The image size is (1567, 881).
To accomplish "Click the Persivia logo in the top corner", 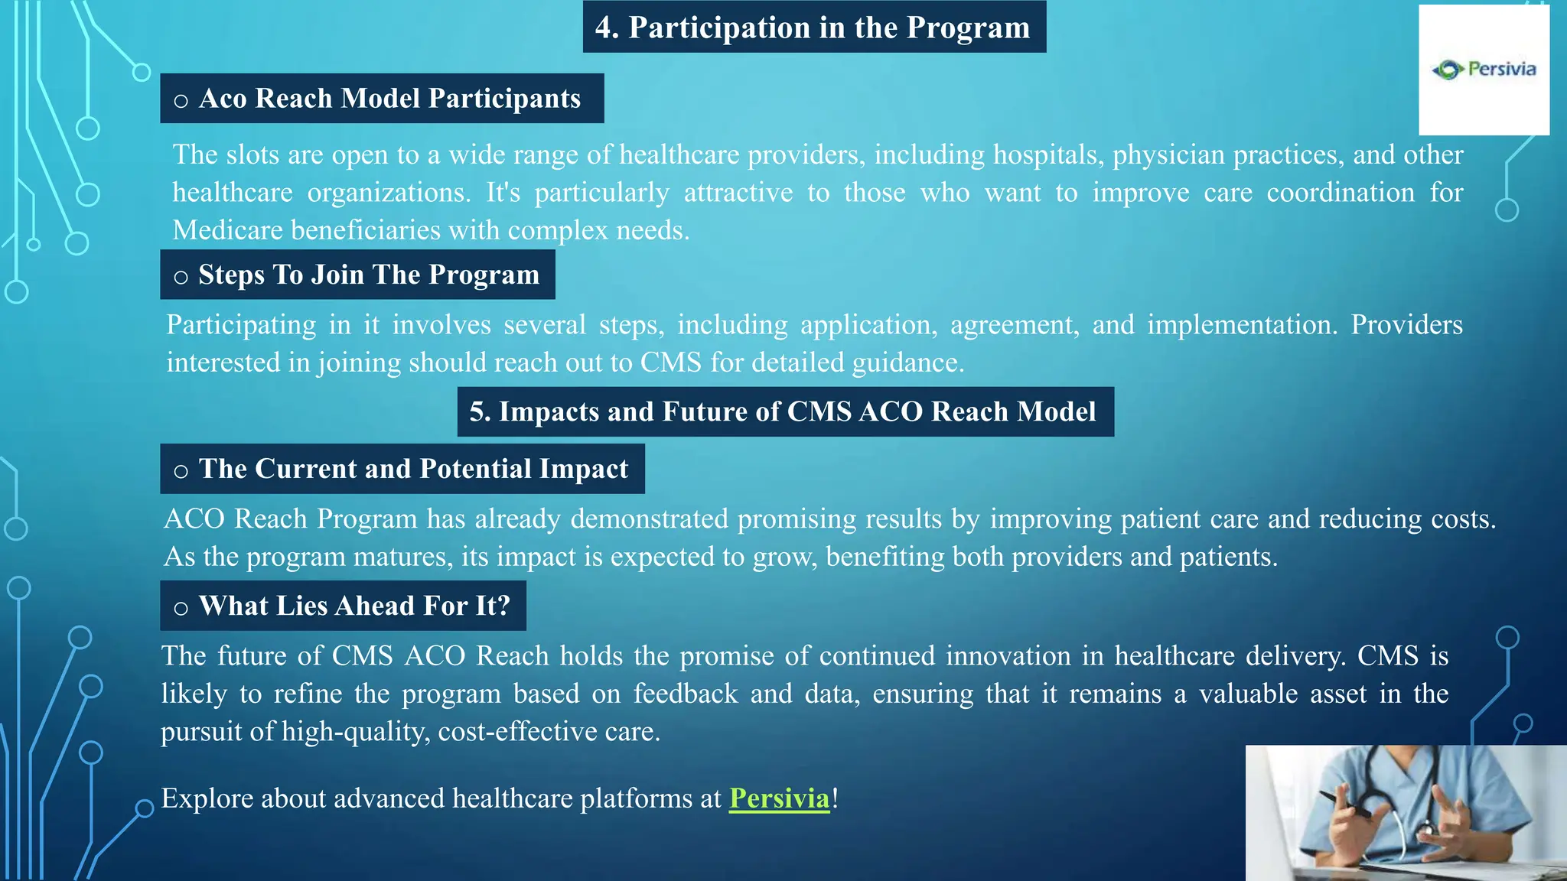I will pyautogui.click(x=1484, y=70).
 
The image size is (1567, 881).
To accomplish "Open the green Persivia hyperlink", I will pyautogui.click(x=779, y=798).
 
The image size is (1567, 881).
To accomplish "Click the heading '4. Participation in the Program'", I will pyautogui.click(x=813, y=28).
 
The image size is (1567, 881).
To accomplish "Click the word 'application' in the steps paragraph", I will pyautogui.click(x=868, y=325).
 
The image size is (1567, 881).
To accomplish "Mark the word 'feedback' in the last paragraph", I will pyautogui.click(x=685, y=694).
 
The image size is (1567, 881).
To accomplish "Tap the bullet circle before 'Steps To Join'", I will pyautogui.click(x=181, y=278).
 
